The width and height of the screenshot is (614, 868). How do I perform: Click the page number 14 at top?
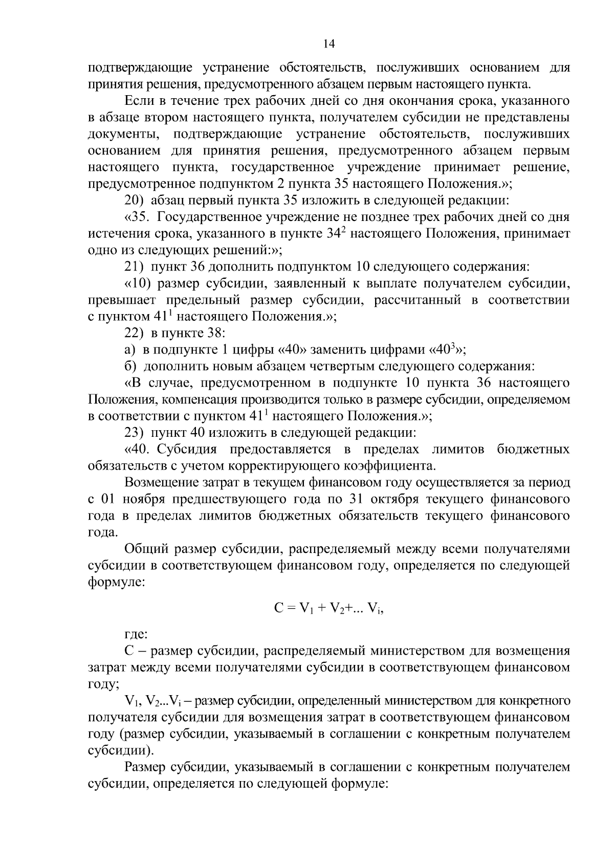[329, 44]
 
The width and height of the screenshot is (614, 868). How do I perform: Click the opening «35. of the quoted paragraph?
[138, 217]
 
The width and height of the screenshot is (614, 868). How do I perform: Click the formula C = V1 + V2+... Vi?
[329, 608]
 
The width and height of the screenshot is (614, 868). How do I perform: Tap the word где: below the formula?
[137, 635]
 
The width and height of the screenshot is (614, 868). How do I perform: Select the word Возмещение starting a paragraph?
[164, 482]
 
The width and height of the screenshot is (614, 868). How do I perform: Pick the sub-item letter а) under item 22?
[130, 350]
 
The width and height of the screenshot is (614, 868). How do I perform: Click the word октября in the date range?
[393, 499]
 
